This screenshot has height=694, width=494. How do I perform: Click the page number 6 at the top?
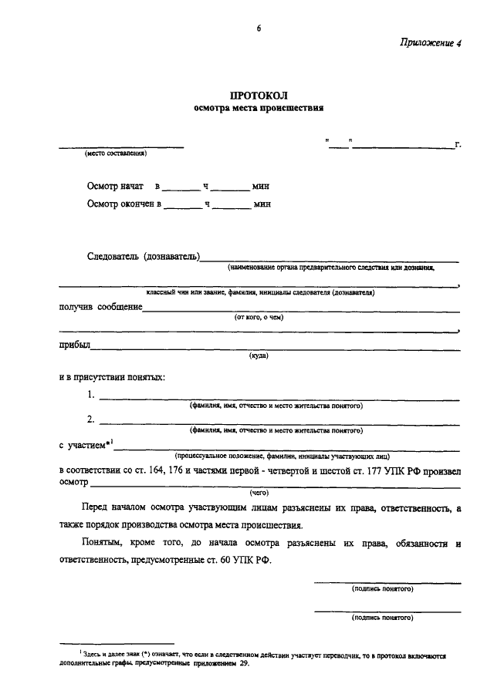[259, 29]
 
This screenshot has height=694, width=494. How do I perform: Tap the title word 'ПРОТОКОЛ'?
[258, 96]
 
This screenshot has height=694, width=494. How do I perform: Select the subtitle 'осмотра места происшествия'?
[258, 109]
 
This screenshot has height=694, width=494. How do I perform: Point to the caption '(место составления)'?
[117, 153]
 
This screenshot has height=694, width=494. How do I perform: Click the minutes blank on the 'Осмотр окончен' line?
[231, 205]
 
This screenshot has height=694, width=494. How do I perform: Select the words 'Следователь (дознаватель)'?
[144, 256]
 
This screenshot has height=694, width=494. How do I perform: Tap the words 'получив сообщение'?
[100, 307]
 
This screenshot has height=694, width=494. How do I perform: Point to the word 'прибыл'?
[74, 345]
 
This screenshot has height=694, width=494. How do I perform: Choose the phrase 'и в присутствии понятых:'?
[112, 377]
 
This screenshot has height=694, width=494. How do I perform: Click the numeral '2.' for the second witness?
[91, 419]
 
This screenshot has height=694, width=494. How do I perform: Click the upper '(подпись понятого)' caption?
[382, 588]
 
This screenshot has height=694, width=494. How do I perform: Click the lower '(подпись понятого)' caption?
[382, 618]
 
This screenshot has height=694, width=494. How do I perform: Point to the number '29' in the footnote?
[244, 663]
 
